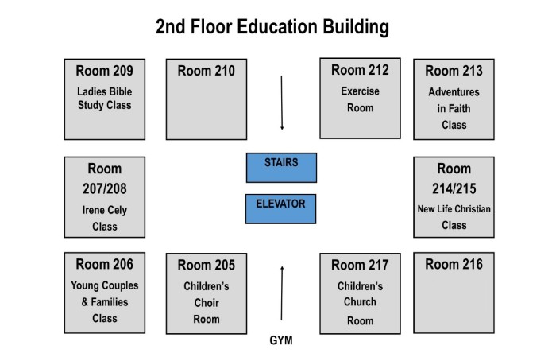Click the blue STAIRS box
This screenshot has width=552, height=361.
(281, 168)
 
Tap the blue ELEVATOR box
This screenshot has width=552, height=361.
(280, 209)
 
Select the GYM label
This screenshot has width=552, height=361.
(281, 340)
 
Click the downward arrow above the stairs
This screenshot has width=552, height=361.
(282, 103)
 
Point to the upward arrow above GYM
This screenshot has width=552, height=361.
(282, 293)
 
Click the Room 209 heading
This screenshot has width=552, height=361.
(105, 71)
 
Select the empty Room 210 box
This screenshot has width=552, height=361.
(207, 99)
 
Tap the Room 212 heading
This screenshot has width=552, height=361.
(360, 70)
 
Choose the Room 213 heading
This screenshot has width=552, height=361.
(454, 71)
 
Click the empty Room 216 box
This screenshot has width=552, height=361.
(454, 293)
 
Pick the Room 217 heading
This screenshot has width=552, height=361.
(360, 265)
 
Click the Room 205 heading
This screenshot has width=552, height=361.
(207, 265)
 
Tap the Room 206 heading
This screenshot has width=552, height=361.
(105, 265)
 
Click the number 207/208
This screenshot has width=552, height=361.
(105, 188)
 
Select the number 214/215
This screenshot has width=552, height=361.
(454, 188)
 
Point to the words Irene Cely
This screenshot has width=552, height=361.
(105, 210)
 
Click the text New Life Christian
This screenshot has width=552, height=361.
(454, 209)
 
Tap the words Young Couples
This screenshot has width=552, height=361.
(105, 285)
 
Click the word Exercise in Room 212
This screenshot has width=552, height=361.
(360, 91)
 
